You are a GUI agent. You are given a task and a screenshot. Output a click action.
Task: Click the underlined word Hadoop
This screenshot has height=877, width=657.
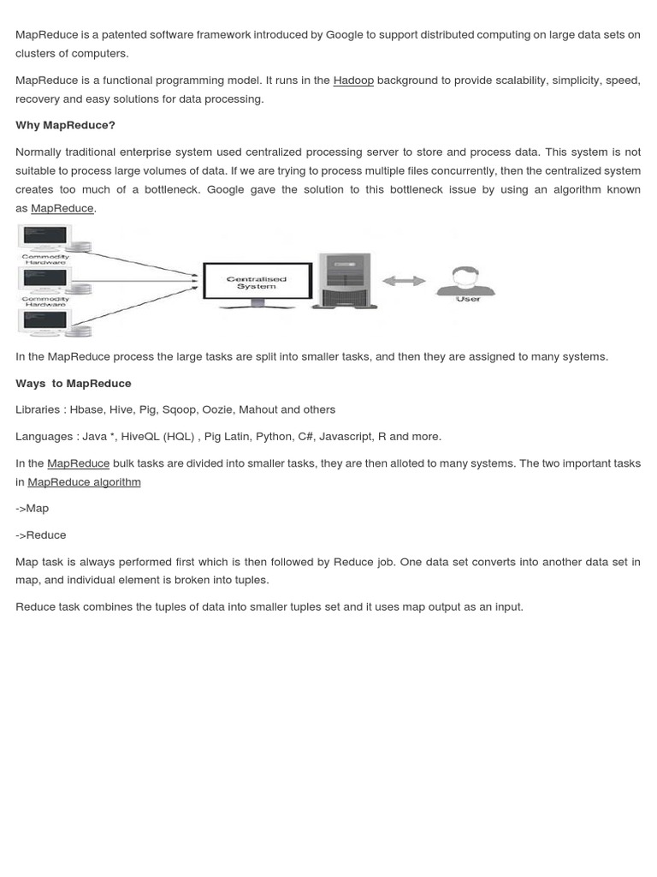coord(353,81)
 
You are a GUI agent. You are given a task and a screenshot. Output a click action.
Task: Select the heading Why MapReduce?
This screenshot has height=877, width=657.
coord(65,125)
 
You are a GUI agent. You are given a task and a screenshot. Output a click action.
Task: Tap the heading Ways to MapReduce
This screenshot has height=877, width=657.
coord(74,383)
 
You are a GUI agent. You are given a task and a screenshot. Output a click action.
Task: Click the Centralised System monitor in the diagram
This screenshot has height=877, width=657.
coord(256,283)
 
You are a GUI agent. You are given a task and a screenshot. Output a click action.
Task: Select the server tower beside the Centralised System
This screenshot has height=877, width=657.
coord(344,280)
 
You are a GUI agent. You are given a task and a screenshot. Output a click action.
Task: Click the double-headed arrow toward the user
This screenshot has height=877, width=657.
coord(403,281)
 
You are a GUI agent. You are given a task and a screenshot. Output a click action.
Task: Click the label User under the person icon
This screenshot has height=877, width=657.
coord(468,300)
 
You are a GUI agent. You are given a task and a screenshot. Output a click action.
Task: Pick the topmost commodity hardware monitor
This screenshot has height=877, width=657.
coord(45,236)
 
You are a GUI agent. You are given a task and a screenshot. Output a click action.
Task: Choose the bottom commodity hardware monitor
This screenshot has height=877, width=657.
coord(45,322)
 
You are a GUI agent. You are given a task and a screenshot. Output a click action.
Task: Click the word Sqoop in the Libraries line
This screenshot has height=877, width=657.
coord(178,409)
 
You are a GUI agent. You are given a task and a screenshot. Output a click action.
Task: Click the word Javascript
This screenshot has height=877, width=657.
coord(346,436)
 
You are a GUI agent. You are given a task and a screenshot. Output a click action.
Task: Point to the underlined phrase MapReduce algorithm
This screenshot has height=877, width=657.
coord(84,481)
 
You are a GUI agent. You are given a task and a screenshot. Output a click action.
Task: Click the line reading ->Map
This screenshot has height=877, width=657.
coord(33,508)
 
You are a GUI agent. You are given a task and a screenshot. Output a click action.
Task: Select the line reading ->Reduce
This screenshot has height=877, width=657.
coord(41,534)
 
